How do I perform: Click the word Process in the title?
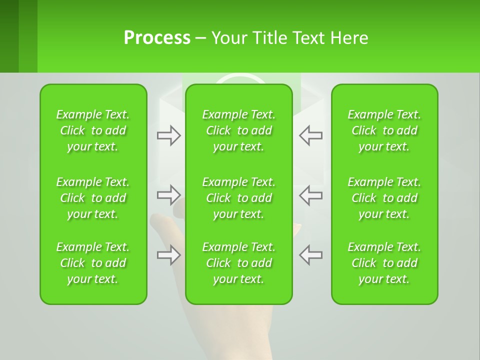[x=157, y=38]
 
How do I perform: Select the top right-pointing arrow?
[x=168, y=135]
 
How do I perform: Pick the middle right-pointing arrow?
[x=168, y=195]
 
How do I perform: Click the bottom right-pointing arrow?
[x=168, y=255]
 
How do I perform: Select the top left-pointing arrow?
[x=311, y=135]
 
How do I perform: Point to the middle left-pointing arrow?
[x=311, y=195]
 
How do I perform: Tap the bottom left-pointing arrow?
[x=311, y=255]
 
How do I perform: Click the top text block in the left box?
[x=93, y=130]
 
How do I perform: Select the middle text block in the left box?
[x=93, y=198]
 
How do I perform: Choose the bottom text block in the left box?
[x=93, y=263]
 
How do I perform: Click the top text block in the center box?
[x=239, y=130]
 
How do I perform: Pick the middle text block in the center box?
[x=239, y=198]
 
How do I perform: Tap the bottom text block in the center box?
[x=239, y=263]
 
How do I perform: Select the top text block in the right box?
[x=384, y=130]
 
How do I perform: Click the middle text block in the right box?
[x=384, y=198]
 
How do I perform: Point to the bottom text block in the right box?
[x=384, y=263]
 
